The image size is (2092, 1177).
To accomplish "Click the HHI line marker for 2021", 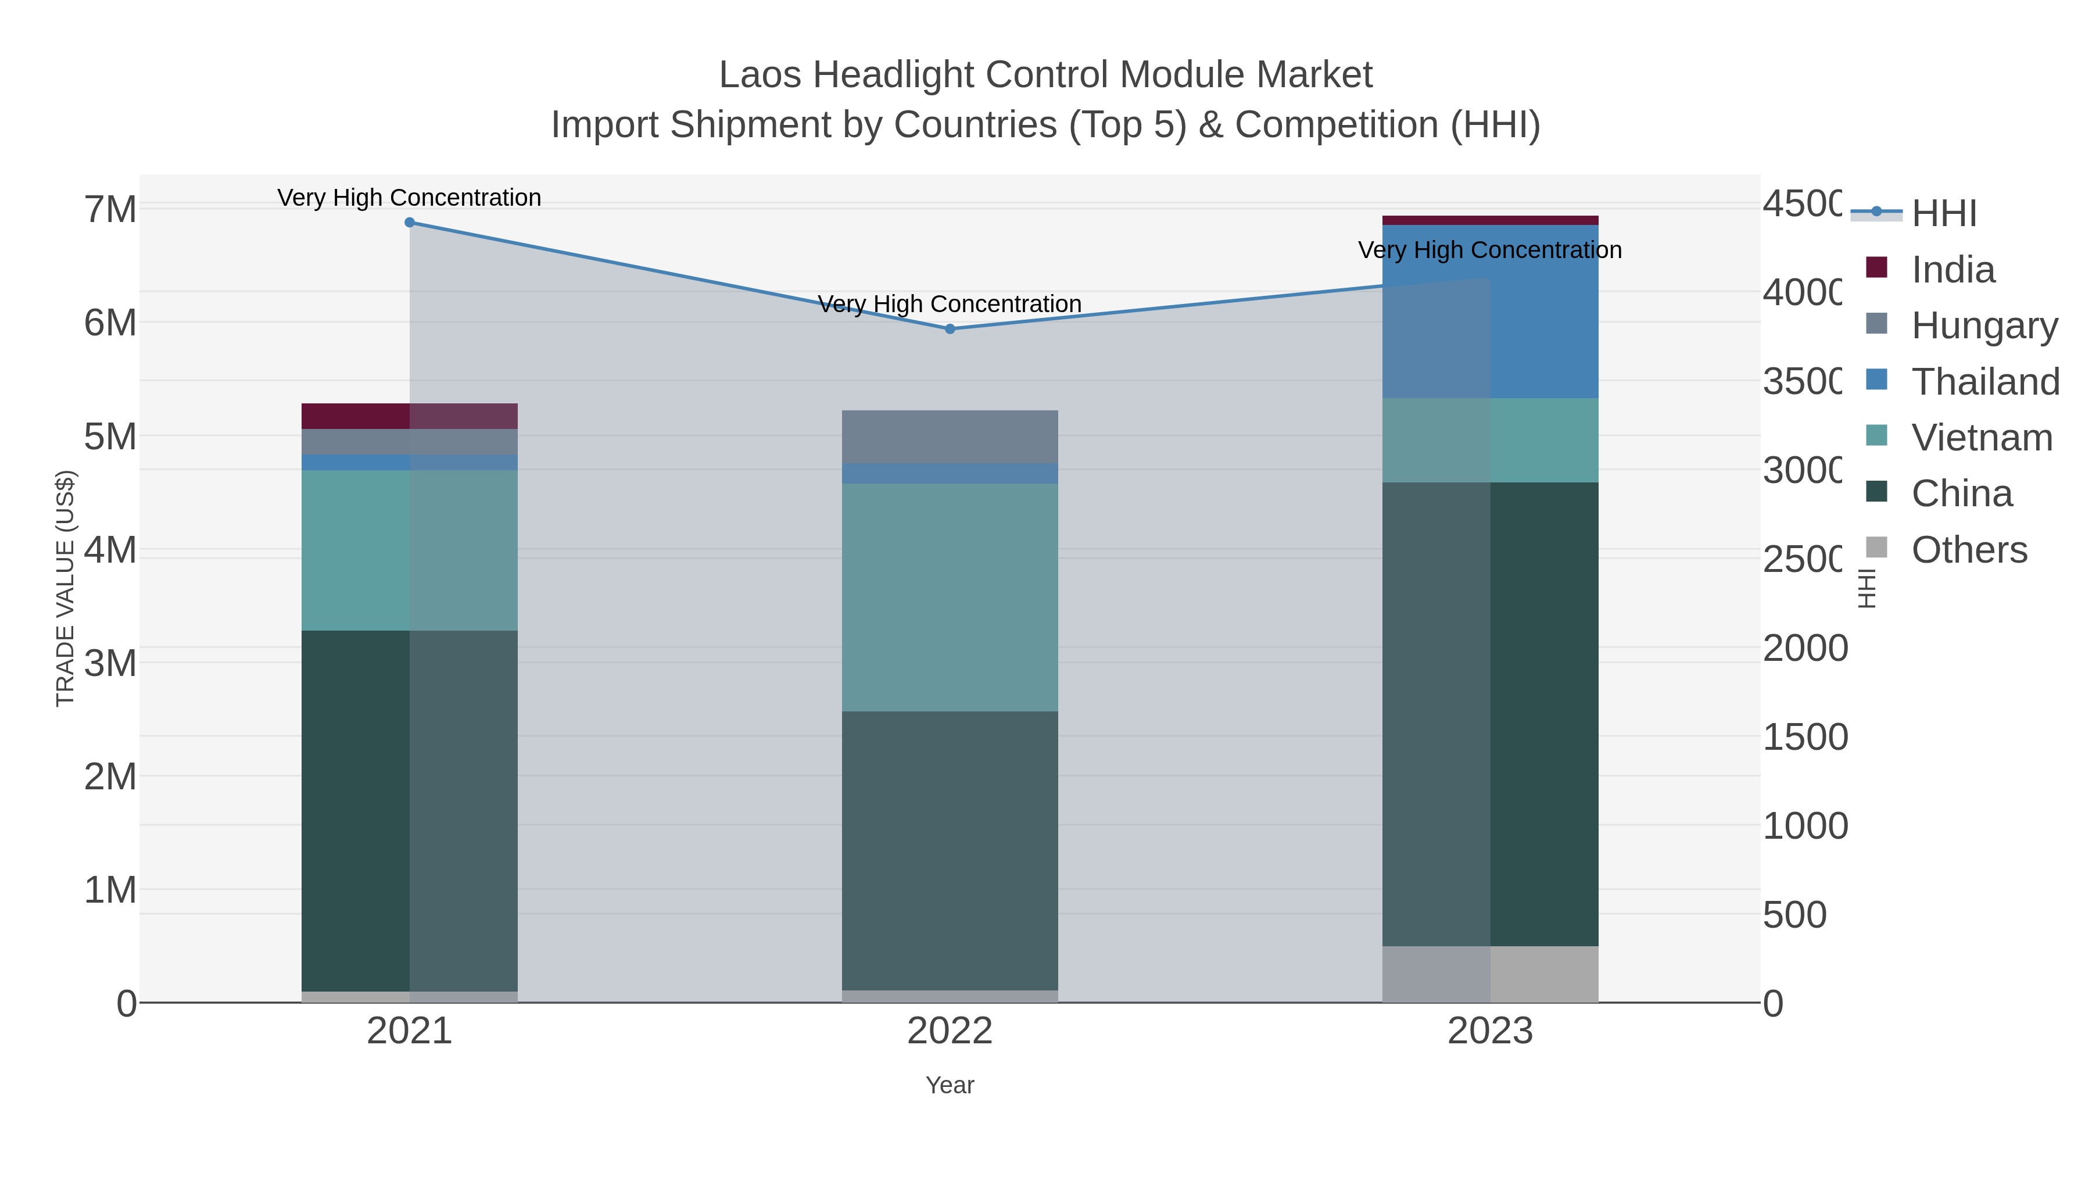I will pyautogui.click(x=409, y=223).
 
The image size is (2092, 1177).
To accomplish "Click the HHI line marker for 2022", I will pyautogui.click(x=950, y=329).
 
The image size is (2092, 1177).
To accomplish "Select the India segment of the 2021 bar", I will pyautogui.click(x=409, y=416).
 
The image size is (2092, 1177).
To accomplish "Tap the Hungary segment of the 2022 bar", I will pyautogui.click(x=950, y=437).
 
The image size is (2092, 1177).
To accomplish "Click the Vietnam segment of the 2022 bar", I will pyautogui.click(x=950, y=597).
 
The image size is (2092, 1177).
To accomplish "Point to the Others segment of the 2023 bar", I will pyautogui.click(x=1490, y=974).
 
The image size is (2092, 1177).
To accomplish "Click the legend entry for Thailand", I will pyautogui.click(x=1985, y=382).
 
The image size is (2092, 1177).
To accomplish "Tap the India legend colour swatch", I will pyautogui.click(x=1877, y=267).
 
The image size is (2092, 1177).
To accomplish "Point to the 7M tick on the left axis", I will pyautogui.click(x=110, y=210).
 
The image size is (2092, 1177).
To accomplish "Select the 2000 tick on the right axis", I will pyautogui.click(x=1804, y=648).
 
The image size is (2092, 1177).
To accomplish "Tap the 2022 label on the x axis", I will pyautogui.click(x=950, y=1032).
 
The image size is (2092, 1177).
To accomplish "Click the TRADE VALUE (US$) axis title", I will pyautogui.click(x=65, y=588).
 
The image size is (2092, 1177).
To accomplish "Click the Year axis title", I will pyautogui.click(x=950, y=1085).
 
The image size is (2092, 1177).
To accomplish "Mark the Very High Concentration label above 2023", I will pyautogui.click(x=1489, y=250).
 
